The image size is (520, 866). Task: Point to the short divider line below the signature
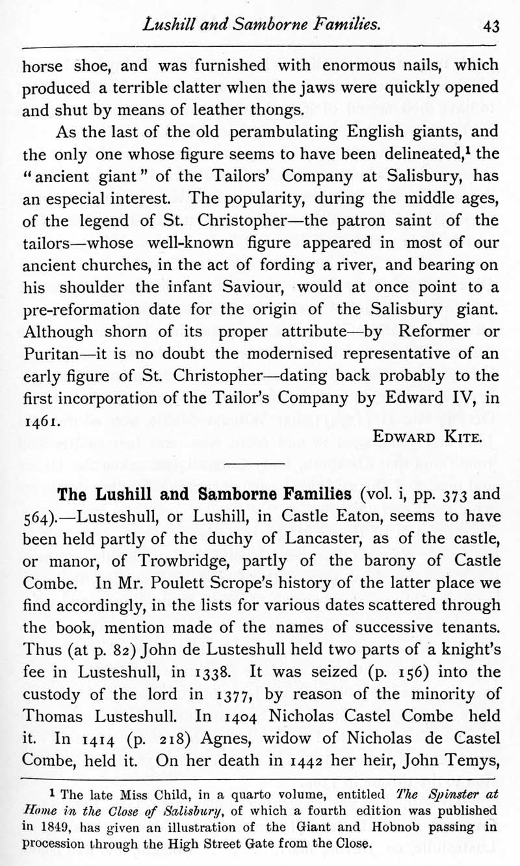point(259,461)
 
